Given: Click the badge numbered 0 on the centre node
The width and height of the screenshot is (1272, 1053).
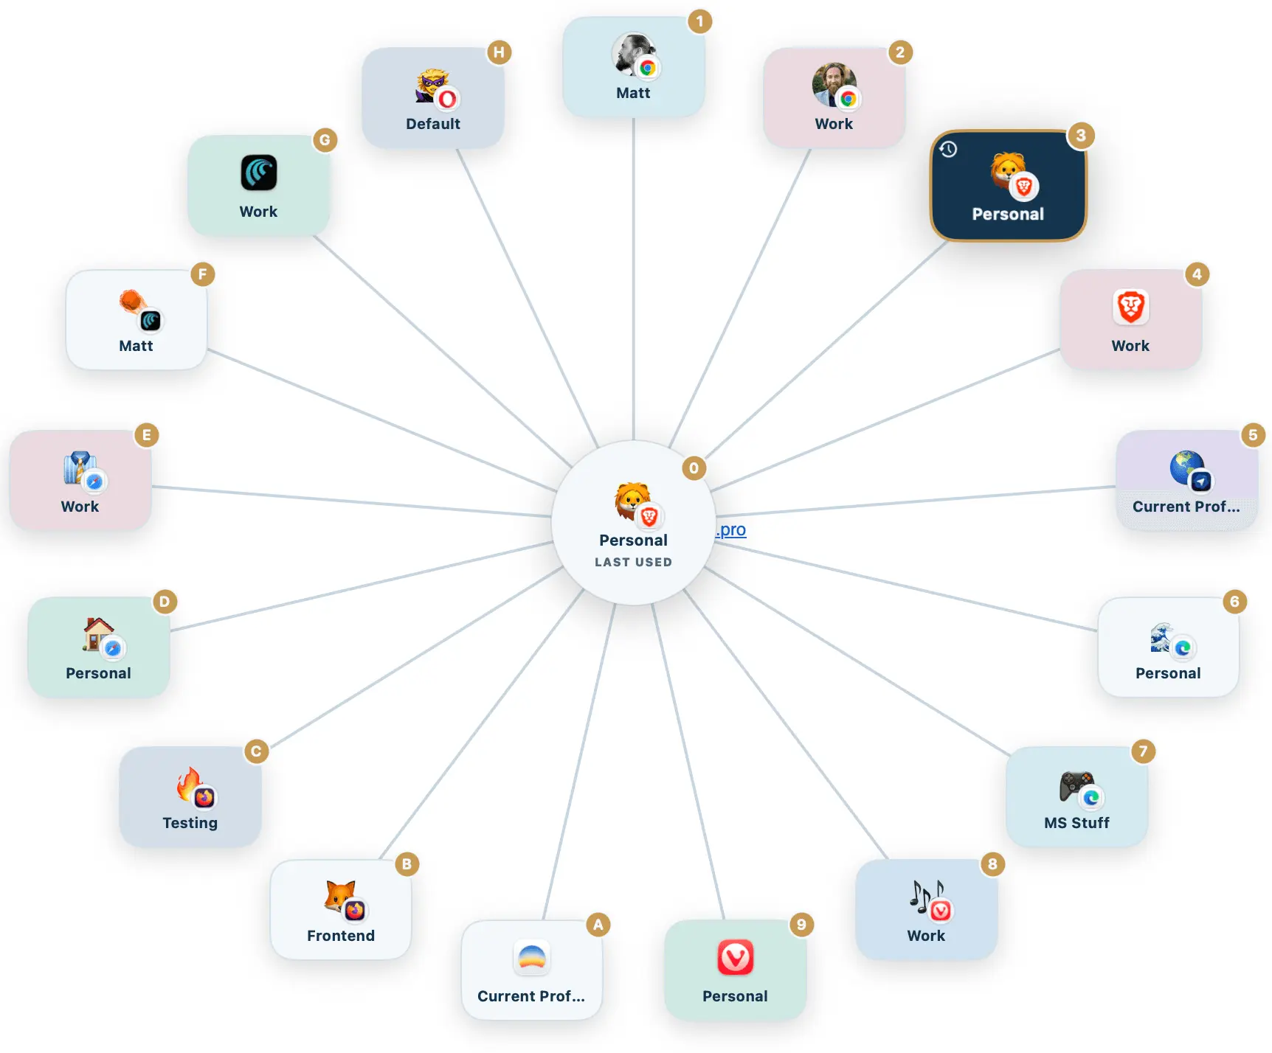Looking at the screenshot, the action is coord(694,468).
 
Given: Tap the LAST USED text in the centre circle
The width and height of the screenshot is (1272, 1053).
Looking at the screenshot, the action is coord(634,562).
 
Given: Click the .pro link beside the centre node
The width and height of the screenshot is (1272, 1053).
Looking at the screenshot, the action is coord(731,529).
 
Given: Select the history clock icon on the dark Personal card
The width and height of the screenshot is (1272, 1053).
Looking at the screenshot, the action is coord(948,150).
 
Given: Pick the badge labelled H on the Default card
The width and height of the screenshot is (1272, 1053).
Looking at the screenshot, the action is coord(500,52).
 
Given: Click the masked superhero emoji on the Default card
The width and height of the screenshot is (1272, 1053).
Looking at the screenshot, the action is coord(432,86).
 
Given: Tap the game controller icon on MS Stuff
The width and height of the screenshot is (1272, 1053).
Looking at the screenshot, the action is coord(1076,785).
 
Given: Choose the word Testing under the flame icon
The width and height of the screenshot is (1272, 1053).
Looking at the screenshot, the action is coord(190,823).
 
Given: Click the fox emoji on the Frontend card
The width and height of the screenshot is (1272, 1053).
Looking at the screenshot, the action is coord(340,896).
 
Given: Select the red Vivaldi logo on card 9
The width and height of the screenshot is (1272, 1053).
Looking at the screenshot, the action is coord(736,957).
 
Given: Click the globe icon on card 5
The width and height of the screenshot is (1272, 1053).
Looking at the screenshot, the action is coord(1186,468).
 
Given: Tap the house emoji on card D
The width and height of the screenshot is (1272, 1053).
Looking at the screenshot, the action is coord(97,634).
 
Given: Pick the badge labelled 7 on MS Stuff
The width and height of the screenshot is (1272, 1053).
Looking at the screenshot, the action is coord(1143,751).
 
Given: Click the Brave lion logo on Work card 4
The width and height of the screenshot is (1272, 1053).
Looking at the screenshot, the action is coord(1131,307).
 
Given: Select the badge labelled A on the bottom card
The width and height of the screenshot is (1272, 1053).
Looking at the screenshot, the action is coord(598,925).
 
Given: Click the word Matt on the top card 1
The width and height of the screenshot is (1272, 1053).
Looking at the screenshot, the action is coord(634,93).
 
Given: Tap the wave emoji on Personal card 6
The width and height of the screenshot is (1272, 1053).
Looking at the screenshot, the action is coord(1162,637).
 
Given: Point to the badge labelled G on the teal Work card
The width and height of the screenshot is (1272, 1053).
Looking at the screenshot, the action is coord(325,140).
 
